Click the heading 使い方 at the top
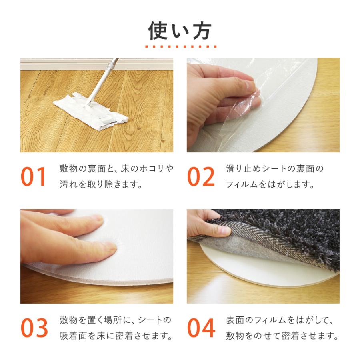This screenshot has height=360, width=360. [x=180, y=30]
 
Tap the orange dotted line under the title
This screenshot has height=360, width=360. [x=180, y=47]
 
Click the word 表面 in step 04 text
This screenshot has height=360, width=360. [x=234, y=320]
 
